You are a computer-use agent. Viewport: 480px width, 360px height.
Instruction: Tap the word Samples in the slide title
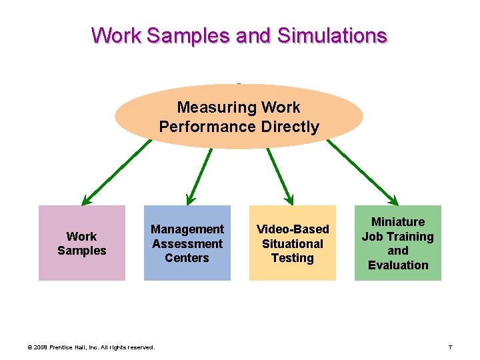[x=188, y=35]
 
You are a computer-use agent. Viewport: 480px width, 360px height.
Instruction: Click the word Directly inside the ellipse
[x=289, y=127]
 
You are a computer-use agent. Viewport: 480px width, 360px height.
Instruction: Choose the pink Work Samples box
[x=81, y=243]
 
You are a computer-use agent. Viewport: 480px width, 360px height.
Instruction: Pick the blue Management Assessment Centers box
[x=187, y=243]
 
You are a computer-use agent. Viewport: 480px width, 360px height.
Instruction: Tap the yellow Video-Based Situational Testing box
[x=293, y=243]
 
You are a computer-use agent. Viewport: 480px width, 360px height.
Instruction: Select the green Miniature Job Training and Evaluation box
[x=397, y=243]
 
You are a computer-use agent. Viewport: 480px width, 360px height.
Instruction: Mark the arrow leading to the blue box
[x=199, y=175]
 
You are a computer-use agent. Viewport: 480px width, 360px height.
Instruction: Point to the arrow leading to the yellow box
[x=279, y=175]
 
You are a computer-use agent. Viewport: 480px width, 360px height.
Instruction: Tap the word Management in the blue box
[x=187, y=229]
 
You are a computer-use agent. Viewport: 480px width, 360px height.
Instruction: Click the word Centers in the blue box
[x=187, y=258]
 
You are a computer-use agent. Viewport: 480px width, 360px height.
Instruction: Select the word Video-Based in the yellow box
[x=293, y=229]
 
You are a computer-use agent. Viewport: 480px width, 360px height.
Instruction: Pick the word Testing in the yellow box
[x=293, y=258]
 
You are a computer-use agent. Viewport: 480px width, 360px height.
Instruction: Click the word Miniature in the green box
[x=398, y=222]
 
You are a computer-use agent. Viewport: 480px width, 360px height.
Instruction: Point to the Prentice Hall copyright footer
[x=90, y=347]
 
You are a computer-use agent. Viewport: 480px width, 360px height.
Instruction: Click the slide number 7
[x=451, y=347]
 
